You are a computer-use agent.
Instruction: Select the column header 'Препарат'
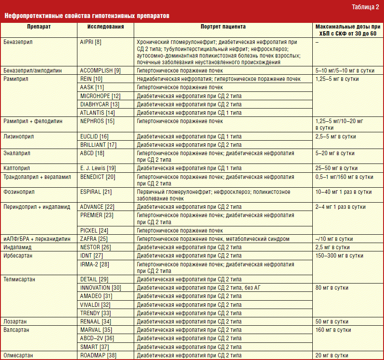(x=38, y=27)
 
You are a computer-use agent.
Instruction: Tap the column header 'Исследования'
(x=105, y=27)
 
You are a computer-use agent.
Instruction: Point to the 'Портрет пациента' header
(x=223, y=27)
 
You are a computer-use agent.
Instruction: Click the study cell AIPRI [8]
(x=91, y=42)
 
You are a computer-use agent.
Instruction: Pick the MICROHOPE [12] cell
(x=100, y=96)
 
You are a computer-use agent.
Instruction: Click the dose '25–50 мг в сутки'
(x=336, y=168)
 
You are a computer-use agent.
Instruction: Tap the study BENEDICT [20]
(x=98, y=177)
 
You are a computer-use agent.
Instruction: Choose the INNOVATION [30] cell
(x=101, y=287)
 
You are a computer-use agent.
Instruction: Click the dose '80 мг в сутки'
(x=332, y=288)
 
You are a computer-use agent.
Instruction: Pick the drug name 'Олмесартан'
(x=18, y=355)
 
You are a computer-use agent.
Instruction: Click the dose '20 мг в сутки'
(x=332, y=355)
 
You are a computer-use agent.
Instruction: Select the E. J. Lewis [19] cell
(x=98, y=168)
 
